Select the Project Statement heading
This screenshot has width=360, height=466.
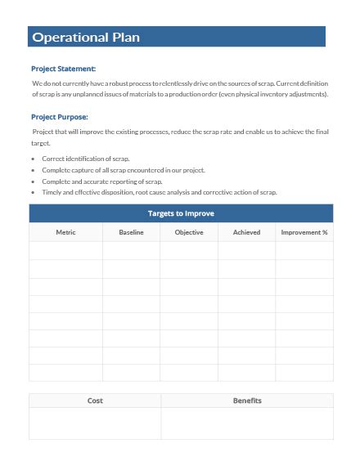click(x=63, y=69)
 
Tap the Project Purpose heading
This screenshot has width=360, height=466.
click(x=59, y=117)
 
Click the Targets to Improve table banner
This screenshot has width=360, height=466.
click(x=181, y=213)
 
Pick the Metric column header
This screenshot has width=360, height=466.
click(x=65, y=232)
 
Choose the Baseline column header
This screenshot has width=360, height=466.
click(x=131, y=232)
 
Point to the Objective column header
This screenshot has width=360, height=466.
click(x=189, y=232)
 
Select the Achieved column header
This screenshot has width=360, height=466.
click(x=246, y=232)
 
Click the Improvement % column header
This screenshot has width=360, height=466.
click(x=304, y=232)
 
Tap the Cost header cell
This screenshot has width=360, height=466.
click(x=95, y=401)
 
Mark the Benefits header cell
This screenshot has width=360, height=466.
click(x=247, y=401)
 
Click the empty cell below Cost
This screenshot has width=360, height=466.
click(x=95, y=423)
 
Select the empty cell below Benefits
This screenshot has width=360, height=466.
click(x=247, y=423)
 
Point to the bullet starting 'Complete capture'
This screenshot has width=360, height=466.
click(x=123, y=169)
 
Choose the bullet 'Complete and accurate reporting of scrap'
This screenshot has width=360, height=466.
click(x=102, y=181)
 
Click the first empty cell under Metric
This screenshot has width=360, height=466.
click(x=65, y=251)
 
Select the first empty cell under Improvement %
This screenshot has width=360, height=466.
click(x=304, y=251)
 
